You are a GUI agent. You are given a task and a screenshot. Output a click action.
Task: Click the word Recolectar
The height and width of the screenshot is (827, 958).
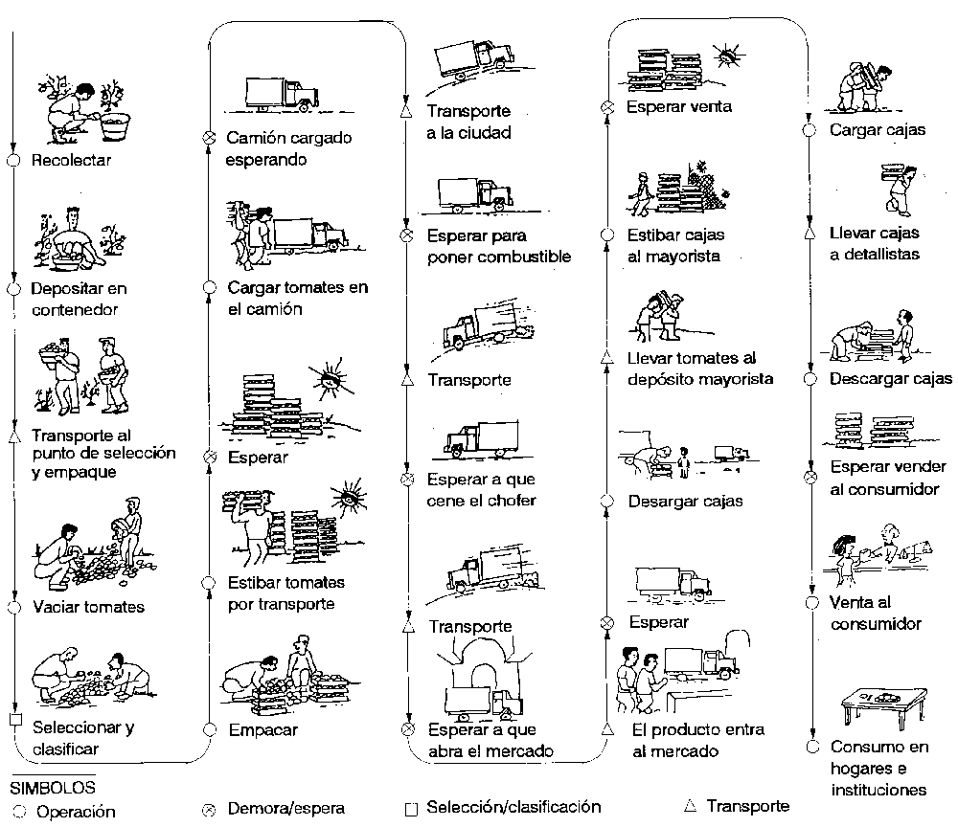pyautogui.click(x=71, y=160)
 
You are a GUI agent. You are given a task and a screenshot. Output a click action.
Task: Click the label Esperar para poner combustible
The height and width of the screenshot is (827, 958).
pyautogui.click(x=498, y=246)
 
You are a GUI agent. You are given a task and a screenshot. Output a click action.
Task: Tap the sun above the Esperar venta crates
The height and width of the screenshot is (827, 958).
pyautogui.click(x=729, y=55)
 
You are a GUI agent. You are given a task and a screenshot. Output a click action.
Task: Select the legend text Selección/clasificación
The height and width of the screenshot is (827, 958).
pyautogui.click(x=513, y=806)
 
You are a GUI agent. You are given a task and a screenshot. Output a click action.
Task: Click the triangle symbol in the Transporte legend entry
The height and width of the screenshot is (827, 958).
pyautogui.click(x=689, y=805)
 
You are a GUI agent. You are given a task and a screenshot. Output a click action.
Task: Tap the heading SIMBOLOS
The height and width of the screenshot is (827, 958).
pyautogui.click(x=53, y=788)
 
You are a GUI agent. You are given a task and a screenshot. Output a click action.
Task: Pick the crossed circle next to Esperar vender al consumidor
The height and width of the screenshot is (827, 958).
pyautogui.click(x=810, y=476)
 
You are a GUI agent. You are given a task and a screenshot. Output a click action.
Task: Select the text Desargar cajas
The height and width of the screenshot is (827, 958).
pyautogui.click(x=685, y=501)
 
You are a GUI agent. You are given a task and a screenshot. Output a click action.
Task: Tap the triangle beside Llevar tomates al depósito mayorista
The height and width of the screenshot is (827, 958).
pyautogui.click(x=605, y=358)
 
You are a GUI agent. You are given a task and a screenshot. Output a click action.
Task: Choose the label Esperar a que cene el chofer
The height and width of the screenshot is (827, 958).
pyautogui.click(x=481, y=489)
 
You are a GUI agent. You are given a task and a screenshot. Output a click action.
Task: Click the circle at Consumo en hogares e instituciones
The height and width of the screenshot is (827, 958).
pyautogui.click(x=811, y=747)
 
